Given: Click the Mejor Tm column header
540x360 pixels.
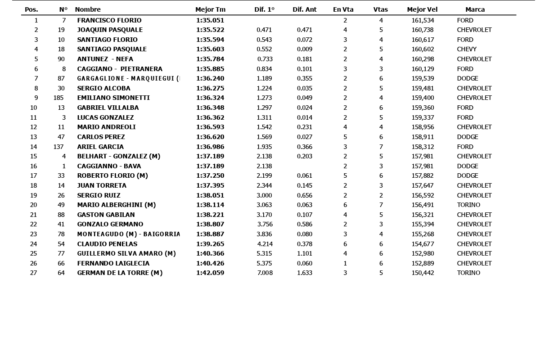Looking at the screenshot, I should point(210,9).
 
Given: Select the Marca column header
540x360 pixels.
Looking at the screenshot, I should point(475,9).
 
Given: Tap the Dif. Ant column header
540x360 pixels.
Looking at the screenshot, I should point(305,9).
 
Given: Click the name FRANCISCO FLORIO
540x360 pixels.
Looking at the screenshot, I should point(109,20).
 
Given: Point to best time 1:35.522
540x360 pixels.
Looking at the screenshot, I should point(210,30).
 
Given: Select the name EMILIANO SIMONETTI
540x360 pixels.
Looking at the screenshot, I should point(113,98).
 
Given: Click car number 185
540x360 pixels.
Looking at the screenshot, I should point(58,98).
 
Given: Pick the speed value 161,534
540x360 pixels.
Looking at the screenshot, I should point(423,20).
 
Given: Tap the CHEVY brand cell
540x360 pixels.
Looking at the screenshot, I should point(467,49).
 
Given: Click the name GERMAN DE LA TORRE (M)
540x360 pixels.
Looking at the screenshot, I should point(120,273).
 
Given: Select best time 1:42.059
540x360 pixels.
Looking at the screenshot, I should point(210,273).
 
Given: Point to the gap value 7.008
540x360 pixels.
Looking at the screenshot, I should point(265,273).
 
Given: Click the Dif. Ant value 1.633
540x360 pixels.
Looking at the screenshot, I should point(305,273).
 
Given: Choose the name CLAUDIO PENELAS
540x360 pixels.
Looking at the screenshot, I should point(107,244).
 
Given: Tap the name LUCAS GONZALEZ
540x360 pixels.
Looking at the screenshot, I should point(105,117).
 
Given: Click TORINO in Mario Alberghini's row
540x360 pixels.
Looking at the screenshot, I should point(468,205).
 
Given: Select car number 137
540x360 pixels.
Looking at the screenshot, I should point(58,147).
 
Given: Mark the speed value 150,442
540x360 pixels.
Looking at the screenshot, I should point(423,273).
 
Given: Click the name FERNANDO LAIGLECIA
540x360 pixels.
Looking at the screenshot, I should point(113,263).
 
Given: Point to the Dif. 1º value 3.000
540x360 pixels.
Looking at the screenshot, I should point(264,195).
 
